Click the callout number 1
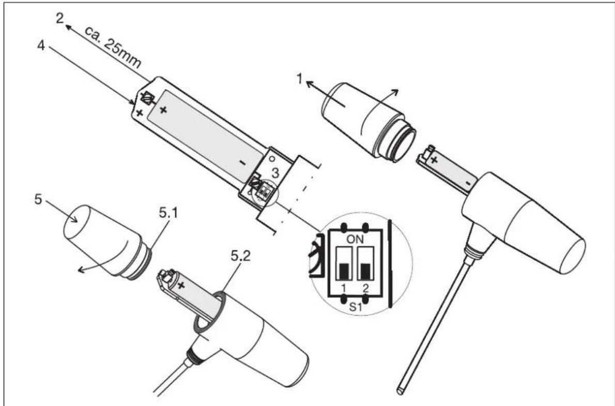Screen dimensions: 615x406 300,79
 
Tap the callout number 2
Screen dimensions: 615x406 59,18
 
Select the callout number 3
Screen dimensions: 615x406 276,172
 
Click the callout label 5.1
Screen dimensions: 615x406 169,213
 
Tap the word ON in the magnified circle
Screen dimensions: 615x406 355,239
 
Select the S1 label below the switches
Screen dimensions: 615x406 356,306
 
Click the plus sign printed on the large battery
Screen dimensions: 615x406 163,110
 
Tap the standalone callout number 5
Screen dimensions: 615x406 38,200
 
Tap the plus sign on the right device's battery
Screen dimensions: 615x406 434,160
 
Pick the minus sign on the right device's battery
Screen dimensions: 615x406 468,183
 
